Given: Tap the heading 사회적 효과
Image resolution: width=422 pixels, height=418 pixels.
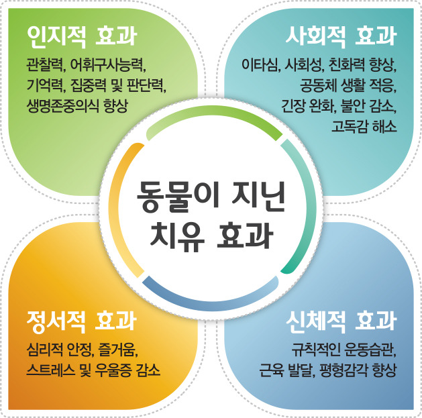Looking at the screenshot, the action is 340,36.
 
